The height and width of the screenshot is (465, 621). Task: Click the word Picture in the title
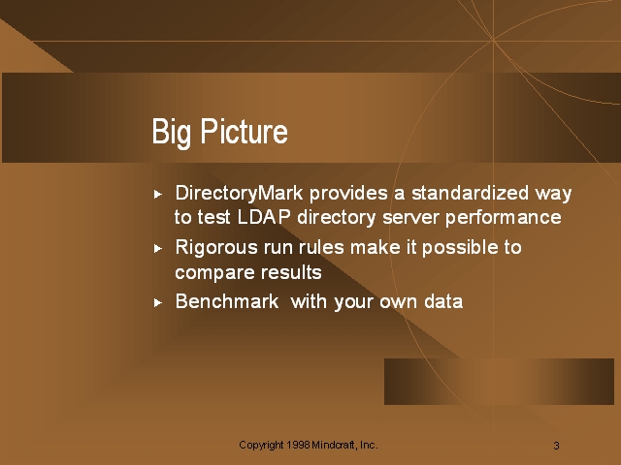(x=244, y=131)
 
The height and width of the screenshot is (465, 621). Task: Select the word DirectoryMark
(x=240, y=194)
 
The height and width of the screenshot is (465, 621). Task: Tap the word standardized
(x=470, y=193)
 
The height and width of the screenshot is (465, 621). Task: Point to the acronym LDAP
(x=264, y=217)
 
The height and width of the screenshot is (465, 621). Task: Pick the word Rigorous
(x=216, y=249)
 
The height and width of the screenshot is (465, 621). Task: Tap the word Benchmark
(x=227, y=301)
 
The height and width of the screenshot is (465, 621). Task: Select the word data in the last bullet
(x=443, y=301)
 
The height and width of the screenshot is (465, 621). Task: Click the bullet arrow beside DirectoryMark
(x=158, y=194)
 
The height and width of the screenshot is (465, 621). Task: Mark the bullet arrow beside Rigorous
(x=158, y=248)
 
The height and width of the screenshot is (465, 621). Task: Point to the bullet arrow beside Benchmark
(x=158, y=303)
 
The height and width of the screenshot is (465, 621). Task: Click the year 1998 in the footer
(x=298, y=445)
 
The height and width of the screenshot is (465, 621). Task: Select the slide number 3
(x=556, y=446)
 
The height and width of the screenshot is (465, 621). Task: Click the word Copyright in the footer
(x=261, y=446)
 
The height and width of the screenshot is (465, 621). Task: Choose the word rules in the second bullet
(x=321, y=248)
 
